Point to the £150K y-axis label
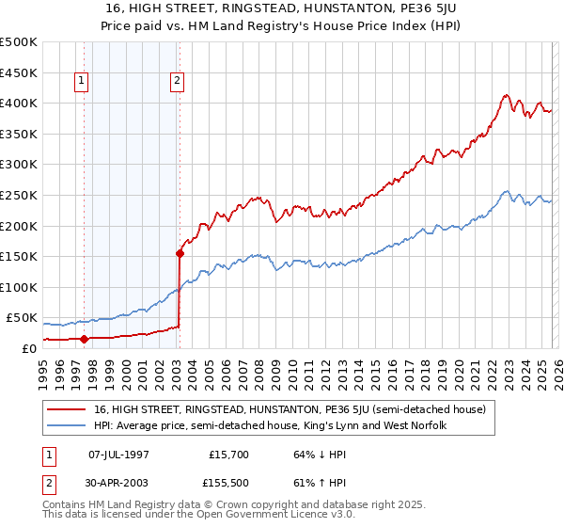18,256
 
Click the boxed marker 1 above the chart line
84,82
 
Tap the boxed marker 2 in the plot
177,82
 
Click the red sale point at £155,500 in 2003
180,252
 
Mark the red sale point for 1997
85,338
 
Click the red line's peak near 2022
506,95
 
